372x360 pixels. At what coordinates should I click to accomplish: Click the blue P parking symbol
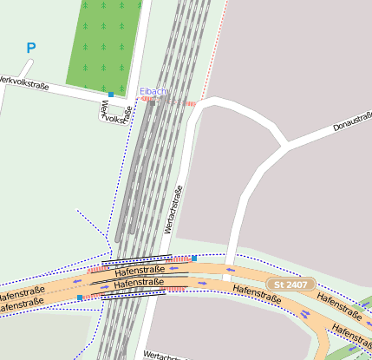point(31,49)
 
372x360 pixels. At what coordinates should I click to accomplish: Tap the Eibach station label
point(153,91)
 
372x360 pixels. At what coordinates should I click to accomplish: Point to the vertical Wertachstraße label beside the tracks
point(173,210)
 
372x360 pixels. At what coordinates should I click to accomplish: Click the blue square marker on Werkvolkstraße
point(111,94)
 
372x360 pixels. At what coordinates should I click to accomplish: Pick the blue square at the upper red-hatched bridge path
point(194,258)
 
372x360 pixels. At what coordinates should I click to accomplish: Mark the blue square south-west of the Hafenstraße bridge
point(80,298)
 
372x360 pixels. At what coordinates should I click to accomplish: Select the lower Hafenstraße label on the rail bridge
point(139,283)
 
